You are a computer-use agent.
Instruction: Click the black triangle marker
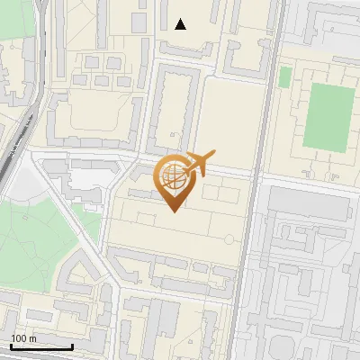tap(181, 24)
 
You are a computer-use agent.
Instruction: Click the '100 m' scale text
tap(24, 338)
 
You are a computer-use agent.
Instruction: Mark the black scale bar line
tap(41, 346)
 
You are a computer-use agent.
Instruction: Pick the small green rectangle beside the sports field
tap(284, 77)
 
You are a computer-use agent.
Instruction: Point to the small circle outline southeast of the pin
tap(229, 238)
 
